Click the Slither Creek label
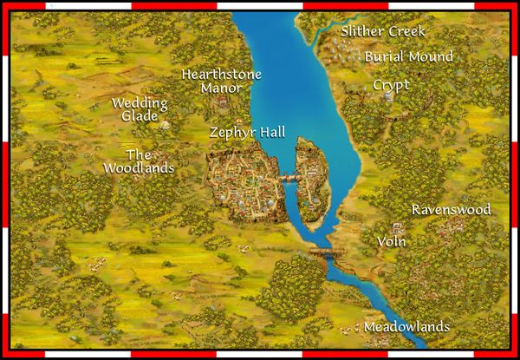383,31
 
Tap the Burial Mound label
409,56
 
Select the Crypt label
391,85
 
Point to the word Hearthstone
221,75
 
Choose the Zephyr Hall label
247,133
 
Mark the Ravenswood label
451,210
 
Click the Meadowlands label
406,327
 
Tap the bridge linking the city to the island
289,177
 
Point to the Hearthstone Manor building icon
224,105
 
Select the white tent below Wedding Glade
162,127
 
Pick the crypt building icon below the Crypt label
389,98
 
